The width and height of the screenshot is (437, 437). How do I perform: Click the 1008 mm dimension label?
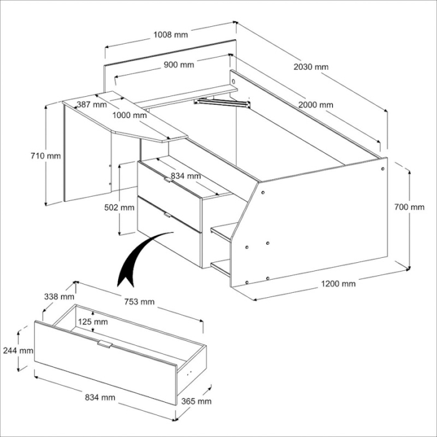(x=170, y=34)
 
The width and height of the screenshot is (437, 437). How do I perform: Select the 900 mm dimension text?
(x=179, y=65)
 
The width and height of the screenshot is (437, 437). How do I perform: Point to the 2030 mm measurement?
(x=312, y=67)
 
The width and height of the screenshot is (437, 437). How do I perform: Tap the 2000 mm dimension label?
(x=315, y=105)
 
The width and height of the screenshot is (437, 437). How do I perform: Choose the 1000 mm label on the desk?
(x=130, y=115)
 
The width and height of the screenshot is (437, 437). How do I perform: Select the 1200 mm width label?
(x=338, y=283)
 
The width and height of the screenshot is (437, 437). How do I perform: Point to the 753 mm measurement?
(x=139, y=302)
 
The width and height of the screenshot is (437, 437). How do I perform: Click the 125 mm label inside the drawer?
(x=92, y=322)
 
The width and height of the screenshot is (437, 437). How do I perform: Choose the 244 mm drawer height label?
(x=17, y=351)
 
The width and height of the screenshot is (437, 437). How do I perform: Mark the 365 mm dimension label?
(x=195, y=401)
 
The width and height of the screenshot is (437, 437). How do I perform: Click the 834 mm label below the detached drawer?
(x=99, y=397)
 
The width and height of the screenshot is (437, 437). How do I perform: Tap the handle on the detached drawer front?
(x=105, y=344)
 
